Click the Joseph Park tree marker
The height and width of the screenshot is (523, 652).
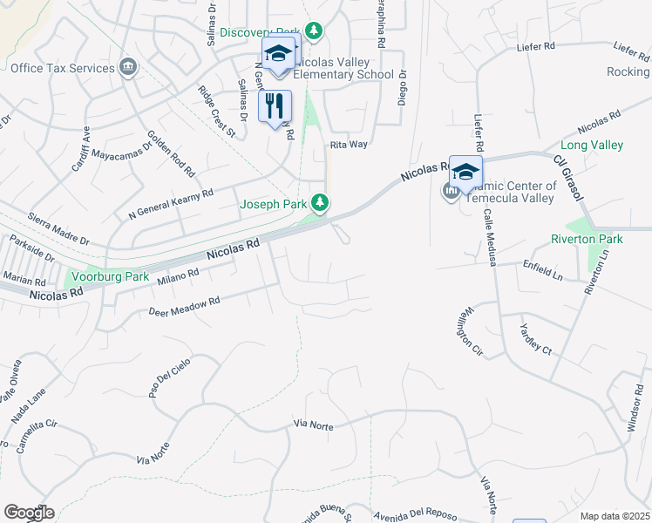tap(321, 204)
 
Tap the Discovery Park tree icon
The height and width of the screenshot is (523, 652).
tap(314, 32)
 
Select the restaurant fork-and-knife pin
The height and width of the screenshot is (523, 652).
tap(275, 106)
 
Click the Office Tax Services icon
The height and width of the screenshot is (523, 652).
tap(128, 66)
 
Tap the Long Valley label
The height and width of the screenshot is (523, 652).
tap(592, 145)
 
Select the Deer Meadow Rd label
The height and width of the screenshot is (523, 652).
tap(184, 306)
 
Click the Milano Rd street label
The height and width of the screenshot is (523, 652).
tap(179, 277)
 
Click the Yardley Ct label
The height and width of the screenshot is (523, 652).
tap(535, 337)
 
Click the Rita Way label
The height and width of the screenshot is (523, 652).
tap(349, 145)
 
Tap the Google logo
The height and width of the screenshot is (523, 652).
tap(29, 512)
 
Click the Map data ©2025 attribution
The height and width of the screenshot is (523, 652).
tap(615, 516)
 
